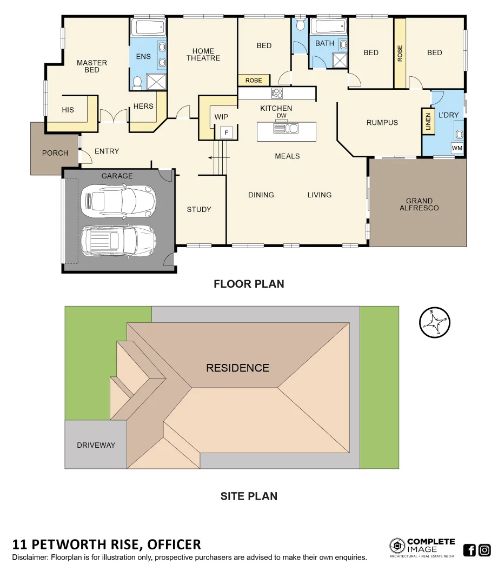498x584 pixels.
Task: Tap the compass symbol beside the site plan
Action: click(435, 322)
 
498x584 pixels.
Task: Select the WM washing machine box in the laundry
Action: click(457, 148)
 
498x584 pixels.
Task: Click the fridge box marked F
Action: click(227, 132)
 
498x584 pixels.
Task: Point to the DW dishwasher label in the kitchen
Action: click(281, 116)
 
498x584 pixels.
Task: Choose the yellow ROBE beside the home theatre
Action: click(254, 80)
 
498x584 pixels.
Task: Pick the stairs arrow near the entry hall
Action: click(216, 158)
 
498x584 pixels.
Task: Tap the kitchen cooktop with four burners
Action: click(277, 93)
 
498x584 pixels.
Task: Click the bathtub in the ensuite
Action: click(148, 27)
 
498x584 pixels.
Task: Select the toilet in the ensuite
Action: click(138, 83)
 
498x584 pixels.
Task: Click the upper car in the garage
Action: click(118, 201)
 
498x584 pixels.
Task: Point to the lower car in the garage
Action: click(118, 240)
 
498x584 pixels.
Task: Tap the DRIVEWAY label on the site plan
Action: click(96, 445)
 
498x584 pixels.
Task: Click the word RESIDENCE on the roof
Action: click(237, 368)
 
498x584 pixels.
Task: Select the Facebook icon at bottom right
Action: click(469, 550)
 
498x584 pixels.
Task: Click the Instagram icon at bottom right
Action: click(484, 550)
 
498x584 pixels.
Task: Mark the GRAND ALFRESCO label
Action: click(419, 204)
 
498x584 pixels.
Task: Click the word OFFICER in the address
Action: click(174, 544)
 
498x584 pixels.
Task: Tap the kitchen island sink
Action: click(287, 129)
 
